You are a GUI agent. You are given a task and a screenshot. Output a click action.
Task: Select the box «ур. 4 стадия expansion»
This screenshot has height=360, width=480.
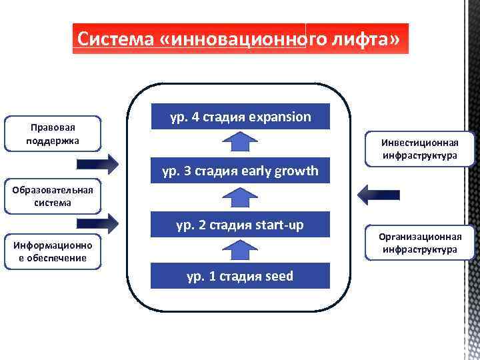point(240,117)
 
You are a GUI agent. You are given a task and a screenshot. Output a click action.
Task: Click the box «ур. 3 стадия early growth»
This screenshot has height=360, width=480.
point(240,171)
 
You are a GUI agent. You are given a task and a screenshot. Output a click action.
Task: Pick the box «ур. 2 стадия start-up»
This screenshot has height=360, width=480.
point(240,225)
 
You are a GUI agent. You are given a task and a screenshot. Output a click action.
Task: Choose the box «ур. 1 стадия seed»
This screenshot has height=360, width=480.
point(240,276)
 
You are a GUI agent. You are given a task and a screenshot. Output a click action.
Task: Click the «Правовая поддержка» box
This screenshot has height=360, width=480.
point(53,134)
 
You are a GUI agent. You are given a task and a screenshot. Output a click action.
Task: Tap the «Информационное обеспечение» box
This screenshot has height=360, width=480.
point(53,252)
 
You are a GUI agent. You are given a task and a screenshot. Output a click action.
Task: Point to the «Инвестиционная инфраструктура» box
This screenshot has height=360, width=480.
point(419,149)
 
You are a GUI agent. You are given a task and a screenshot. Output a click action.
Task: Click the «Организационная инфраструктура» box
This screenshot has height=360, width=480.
point(419,243)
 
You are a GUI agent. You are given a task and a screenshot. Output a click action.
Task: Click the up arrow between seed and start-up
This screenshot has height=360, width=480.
point(239,250)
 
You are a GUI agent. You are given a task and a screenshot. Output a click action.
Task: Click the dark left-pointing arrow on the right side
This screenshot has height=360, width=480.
point(378,194)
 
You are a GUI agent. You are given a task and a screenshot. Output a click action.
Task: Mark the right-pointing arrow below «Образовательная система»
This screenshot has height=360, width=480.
point(97,223)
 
